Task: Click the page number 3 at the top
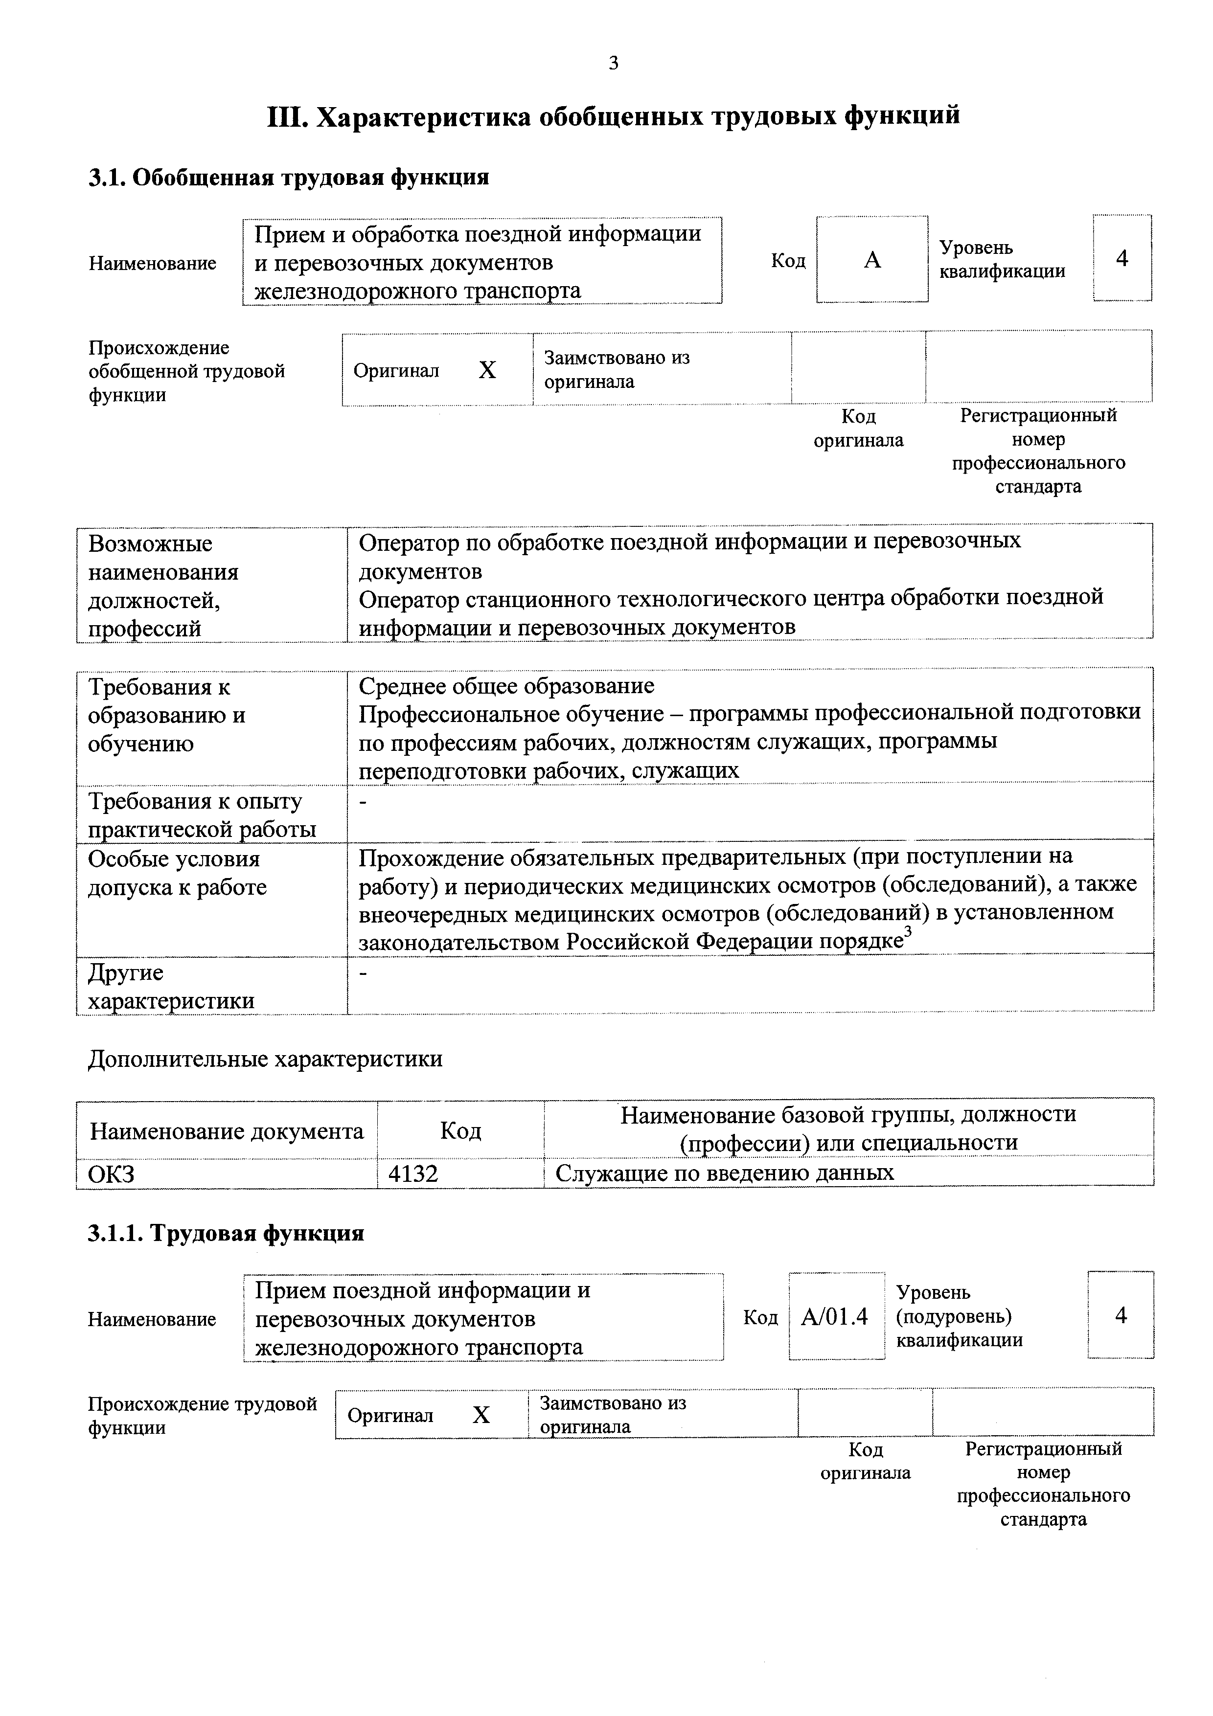tap(613, 64)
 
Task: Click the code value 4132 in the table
tap(413, 1174)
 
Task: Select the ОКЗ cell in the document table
tap(112, 1174)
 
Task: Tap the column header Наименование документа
tap(227, 1131)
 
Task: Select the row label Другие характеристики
tap(171, 987)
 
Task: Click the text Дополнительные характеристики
tap(265, 1059)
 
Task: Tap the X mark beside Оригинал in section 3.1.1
tap(481, 1416)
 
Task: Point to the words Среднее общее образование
tap(506, 686)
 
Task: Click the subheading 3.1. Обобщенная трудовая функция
tap(289, 178)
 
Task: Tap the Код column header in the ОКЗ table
tap(460, 1131)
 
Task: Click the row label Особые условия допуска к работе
tap(177, 873)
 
